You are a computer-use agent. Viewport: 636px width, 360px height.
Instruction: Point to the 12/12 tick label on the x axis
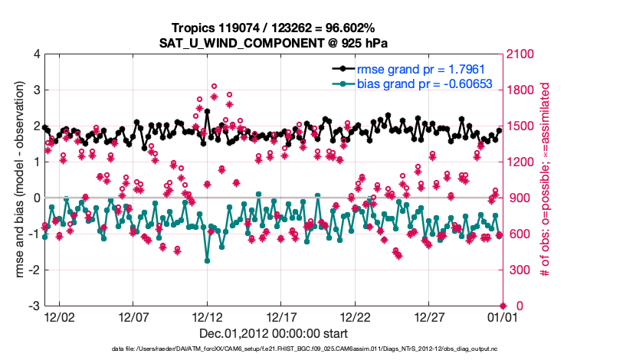pyautogui.click(x=207, y=316)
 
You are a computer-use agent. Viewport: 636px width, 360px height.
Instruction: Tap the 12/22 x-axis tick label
pyautogui.click(x=356, y=316)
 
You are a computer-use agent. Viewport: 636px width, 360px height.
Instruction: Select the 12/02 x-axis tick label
pyautogui.click(x=59, y=316)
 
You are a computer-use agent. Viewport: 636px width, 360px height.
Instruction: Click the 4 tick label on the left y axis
pyautogui.click(x=37, y=54)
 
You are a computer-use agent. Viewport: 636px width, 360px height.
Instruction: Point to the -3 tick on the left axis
pyautogui.click(x=34, y=306)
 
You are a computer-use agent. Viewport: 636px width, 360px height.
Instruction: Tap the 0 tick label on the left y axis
pyautogui.click(x=37, y=198)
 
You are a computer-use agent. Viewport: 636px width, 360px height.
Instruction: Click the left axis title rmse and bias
pyautogui.click(x=17, y=180)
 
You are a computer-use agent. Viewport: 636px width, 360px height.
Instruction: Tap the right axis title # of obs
pyautogui.click(x=546, y=180)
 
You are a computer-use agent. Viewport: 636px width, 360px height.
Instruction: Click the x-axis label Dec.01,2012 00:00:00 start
pyautogui.click(x=274, y=333)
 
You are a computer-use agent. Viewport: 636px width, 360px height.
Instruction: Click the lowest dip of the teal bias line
pyautogui.click(x=207, y=260)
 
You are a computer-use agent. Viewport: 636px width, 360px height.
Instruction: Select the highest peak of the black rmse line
pyautogui.click(x=207, y=111)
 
